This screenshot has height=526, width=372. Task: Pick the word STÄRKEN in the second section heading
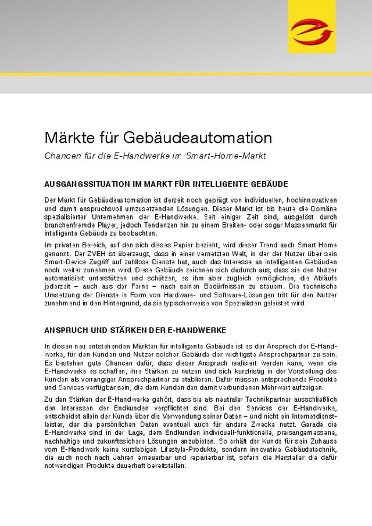click(118, 330)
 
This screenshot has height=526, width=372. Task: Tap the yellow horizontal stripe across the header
click(186, 74)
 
